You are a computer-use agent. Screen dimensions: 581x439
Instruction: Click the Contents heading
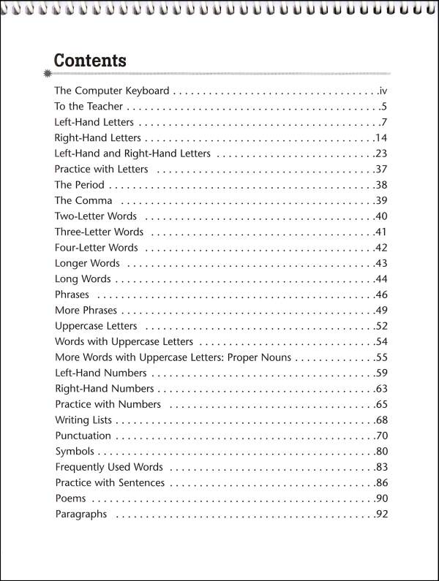(x=90, y=60)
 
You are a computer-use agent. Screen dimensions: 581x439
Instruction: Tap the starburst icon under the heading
(x=48, y=74)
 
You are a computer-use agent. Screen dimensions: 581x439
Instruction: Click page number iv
(x=382, y=91)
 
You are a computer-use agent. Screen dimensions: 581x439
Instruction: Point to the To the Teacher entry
(x=88, y=107)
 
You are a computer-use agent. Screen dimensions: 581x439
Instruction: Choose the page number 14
(x=380, y=138)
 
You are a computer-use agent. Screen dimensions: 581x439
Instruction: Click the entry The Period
(x=79, y=185)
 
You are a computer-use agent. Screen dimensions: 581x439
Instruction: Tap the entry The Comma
(x=83, y=200)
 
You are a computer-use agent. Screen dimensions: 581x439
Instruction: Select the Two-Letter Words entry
(x=95, y=216)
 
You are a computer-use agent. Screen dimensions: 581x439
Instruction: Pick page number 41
(x=380, y=232)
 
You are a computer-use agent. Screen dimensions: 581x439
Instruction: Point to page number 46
(x=380, y=295)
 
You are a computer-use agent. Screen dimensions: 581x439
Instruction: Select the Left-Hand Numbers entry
(x=100, y=373)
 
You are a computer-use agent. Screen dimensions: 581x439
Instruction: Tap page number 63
(x=380, y=389)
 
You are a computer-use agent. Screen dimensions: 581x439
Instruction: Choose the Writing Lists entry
(x=83, y=420)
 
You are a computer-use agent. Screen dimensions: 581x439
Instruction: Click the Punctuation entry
(x=83, y=436)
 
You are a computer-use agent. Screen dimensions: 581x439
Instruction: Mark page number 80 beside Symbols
(x=380, y=452)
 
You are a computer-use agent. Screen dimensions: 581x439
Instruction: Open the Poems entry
(x=70, y=498)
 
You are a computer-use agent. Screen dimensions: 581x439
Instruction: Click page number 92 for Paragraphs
(x=380, y=514)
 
